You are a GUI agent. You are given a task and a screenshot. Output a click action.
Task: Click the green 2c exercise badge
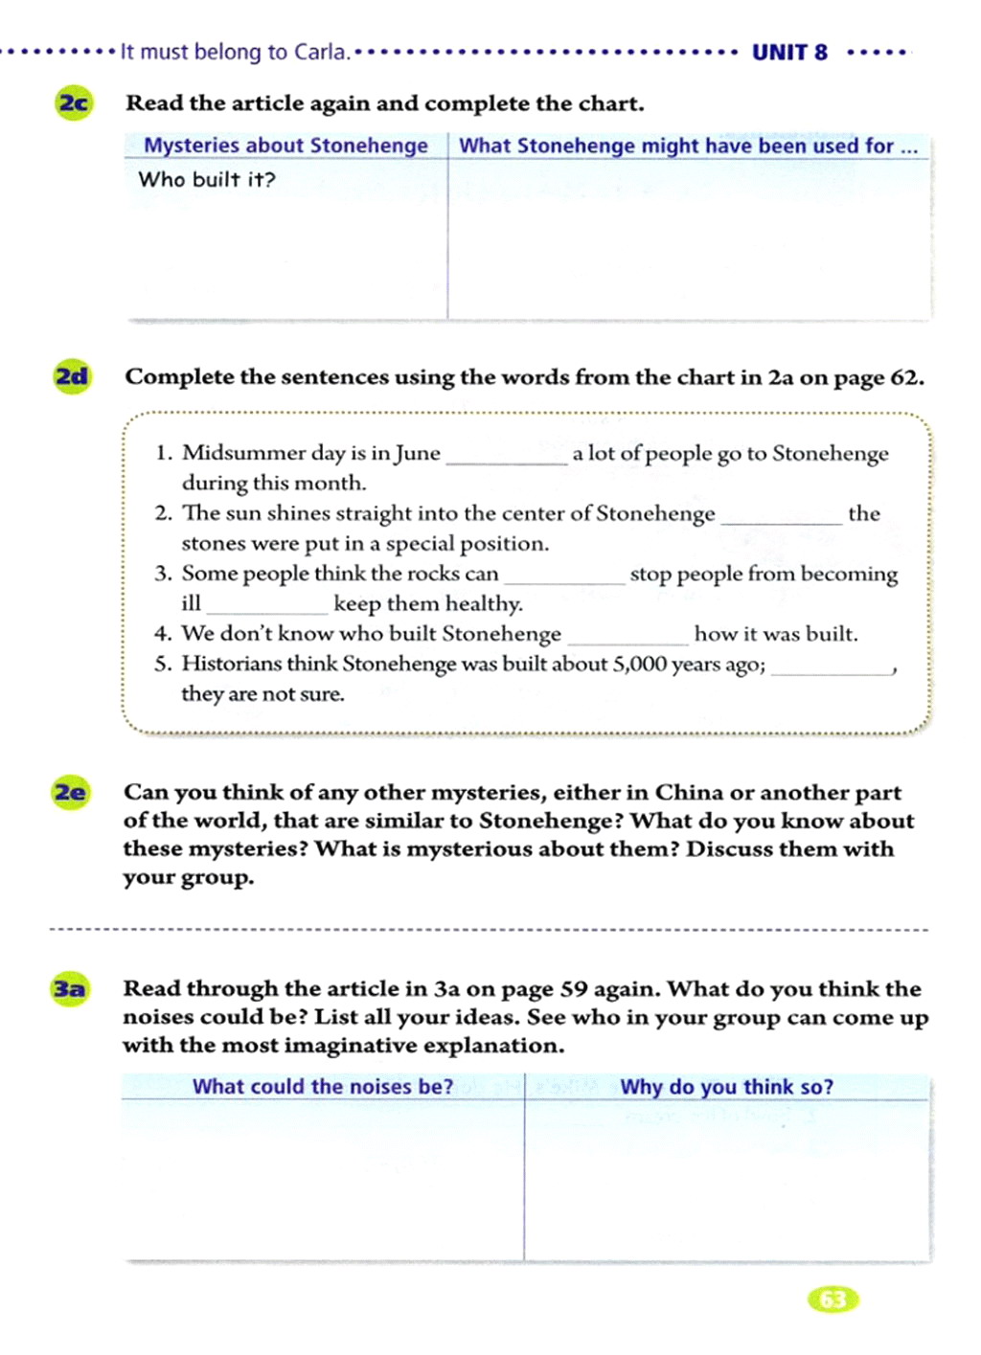(74, 102)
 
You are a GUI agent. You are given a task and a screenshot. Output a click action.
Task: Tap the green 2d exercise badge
(72, 376)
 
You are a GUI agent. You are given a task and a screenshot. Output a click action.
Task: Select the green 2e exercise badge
(70, 793)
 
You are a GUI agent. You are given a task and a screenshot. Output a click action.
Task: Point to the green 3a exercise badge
(69, 989)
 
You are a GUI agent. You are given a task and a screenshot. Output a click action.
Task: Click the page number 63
(833, 1299)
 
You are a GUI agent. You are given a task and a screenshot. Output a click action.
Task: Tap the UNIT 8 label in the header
(789, 53)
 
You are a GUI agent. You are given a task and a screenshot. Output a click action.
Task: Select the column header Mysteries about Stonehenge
(285, 146)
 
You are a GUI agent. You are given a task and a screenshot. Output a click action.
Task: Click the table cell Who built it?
(207, 180)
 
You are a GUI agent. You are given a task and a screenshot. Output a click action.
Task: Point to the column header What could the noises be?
(323, 1087)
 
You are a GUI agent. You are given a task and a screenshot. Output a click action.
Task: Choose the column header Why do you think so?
(726, 1087)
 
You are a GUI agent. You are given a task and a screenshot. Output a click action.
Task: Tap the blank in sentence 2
(781, 520)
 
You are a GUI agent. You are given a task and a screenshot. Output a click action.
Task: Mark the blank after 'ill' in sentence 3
(267, 610)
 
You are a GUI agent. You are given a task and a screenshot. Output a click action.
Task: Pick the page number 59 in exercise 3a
(572, 989)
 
